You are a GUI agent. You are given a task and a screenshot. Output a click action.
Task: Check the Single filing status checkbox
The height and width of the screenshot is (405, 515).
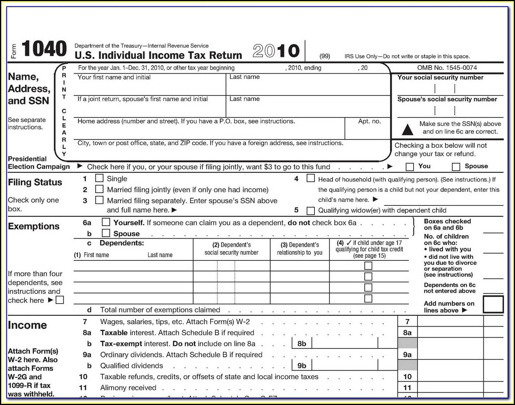(x=99, y=178)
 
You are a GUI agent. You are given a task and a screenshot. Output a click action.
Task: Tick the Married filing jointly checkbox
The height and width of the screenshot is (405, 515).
(x=99, y=189)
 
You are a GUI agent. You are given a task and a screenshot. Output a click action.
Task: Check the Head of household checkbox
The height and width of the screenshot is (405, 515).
(x=311, y=178)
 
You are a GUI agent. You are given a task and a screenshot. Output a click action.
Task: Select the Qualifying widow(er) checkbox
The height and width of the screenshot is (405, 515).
(x=311, y=210)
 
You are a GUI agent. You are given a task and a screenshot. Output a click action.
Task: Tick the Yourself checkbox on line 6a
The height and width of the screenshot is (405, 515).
(x=106, y=222)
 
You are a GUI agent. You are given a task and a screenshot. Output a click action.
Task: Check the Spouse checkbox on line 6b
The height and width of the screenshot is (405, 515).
(x=106, y=233)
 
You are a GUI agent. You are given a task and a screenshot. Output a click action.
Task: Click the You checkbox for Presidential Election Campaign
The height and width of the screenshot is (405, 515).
(x=410, y=167)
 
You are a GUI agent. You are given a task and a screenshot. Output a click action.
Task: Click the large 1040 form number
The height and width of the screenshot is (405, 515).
(x=44, y=50)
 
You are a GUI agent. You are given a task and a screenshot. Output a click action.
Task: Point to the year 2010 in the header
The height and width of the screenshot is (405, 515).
(x=276, y=51)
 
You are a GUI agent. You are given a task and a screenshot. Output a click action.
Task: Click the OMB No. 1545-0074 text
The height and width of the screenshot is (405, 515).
(x=447, y=68)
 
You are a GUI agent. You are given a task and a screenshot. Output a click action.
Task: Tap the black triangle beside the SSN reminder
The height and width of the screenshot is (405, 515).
(x=407, y=129)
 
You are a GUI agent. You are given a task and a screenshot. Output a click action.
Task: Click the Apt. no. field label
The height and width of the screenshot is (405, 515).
(x=369, y=121)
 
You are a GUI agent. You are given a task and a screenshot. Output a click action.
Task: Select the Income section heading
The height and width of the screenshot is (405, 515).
(x=27, y=325)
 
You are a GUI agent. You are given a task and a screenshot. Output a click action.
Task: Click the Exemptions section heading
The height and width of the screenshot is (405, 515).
(x=34, y=226)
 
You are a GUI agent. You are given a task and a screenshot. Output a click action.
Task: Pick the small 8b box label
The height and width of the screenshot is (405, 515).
(x=302, y=344)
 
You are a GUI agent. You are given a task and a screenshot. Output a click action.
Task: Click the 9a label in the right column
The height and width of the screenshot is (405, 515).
(x=407, y=355)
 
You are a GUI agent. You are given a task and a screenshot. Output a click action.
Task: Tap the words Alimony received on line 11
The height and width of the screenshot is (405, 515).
(x=128, y=388)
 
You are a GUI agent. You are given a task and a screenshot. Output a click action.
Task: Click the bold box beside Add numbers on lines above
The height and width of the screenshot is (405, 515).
(x=493, y=304)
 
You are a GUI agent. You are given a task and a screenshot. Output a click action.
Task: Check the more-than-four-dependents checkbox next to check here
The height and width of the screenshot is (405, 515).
(x=60, y=300)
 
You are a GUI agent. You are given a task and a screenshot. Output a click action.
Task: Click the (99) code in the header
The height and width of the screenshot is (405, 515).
(x=325, y=56)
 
